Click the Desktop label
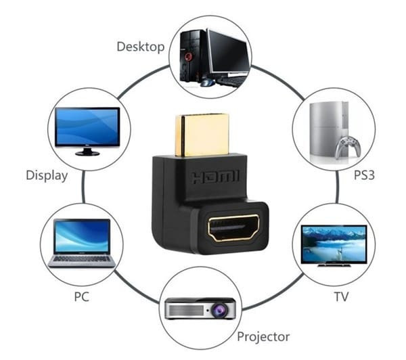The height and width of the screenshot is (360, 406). [x=140, y=47]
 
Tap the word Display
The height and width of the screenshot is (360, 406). [x=47, y=176]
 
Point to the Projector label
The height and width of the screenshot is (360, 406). [x=263, y=336]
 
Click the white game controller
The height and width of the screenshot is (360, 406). [x=349, y=145]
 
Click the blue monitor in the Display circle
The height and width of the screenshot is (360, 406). [x=87, y=128]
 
